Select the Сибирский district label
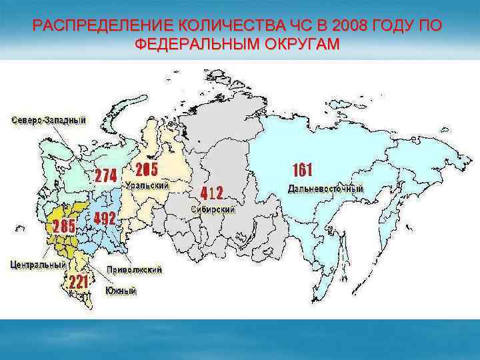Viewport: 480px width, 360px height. pyautogui.click(x=214, y=209)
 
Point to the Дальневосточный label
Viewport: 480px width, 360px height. pyautogui.click(x=326, y=189)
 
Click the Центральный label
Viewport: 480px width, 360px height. pyautogui.click(x=38, y=264)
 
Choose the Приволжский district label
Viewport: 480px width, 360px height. pyautogui.click(x=134, y=270)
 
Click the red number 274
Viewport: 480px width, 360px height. pyautogui.click(x=106, y=176)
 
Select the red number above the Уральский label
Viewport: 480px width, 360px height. pyautogui.click(x=147, y=168)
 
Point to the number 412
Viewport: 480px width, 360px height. pyautogui.click(x=212, y=193)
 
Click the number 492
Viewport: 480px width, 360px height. pyautogui.click(x=105, y=219)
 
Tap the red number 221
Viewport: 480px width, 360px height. pyautogui.click(x=77, y=283)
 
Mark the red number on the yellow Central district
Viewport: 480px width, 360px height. pyautogui.click(x=65, y=226)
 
